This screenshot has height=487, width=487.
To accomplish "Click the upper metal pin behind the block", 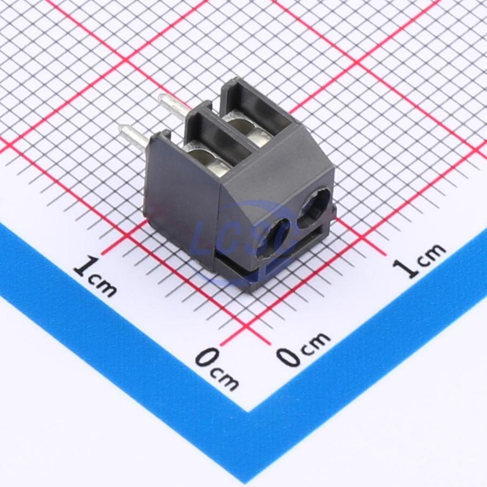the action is point(174,106).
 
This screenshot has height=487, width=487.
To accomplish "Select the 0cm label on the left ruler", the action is point(218,369).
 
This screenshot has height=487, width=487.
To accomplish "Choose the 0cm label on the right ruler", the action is point(304,348).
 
